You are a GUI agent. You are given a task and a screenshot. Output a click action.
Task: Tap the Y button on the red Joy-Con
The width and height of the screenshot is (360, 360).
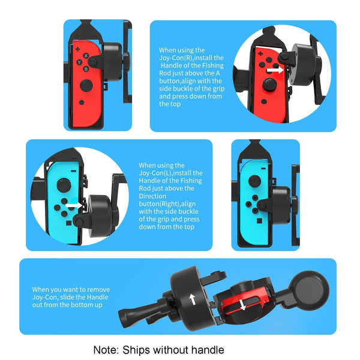pos(79,62)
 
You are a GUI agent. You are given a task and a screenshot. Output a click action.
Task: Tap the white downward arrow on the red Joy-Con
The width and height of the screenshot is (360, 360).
pos(243,305)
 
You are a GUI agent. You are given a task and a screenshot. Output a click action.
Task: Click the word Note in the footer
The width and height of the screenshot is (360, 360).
pos(106,350)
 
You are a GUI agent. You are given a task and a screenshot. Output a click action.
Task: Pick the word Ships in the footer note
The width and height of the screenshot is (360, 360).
pos(138,350)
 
